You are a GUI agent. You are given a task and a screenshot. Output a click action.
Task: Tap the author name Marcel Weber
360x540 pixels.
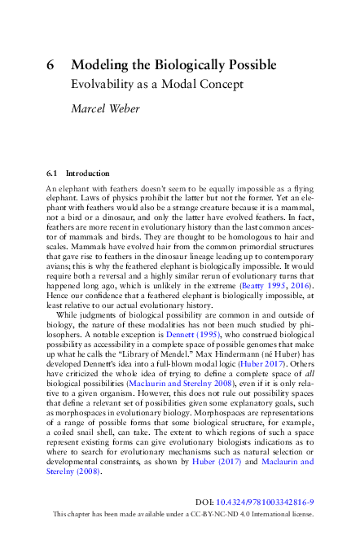(107, 108)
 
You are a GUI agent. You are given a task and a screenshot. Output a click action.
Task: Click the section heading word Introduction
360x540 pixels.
(87, 173)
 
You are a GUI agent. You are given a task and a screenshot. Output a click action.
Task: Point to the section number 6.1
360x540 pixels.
(53, 173)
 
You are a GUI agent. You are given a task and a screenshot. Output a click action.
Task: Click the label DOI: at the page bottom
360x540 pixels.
(208, 503)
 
